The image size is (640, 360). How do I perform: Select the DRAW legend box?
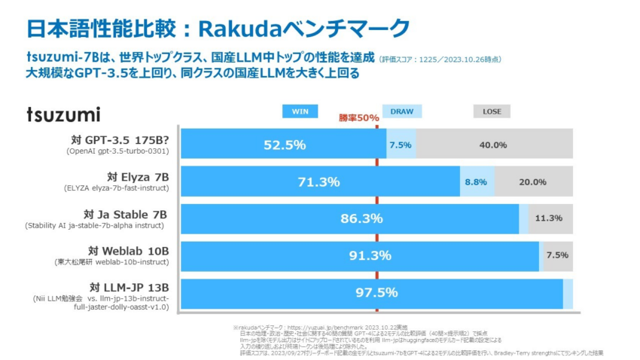tap(401, 111)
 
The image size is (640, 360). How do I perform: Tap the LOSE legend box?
tap(492, 111)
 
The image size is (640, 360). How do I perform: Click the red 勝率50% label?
tap(358, 118)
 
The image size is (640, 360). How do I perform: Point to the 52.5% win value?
tap(284, 145)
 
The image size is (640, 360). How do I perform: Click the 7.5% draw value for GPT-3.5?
tap(400, 145)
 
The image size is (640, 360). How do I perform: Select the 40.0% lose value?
tap(493, 145)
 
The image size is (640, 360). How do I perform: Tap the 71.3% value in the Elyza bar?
tap(318, 182)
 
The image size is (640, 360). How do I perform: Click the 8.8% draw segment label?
tap(476, 182)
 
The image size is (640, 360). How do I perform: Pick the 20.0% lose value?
tap(532, 182)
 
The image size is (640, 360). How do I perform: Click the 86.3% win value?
tap(361, 218)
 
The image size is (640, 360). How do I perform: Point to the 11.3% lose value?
tap(549, 218)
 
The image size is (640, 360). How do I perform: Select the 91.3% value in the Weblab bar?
tap(370, 255)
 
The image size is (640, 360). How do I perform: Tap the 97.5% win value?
tap(376, 292)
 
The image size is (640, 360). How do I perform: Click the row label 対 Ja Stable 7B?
tap(126, 214)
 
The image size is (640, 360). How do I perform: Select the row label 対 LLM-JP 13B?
tap(129, 287)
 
